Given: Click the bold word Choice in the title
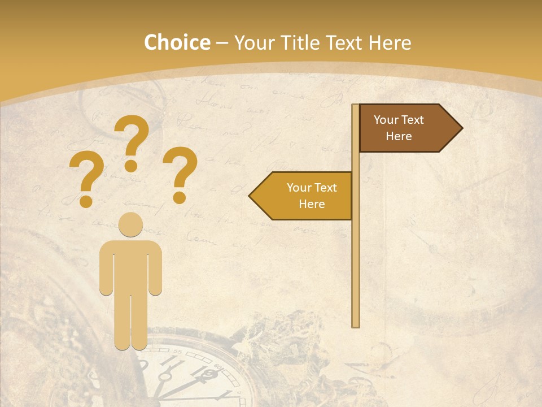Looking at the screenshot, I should (177, 42).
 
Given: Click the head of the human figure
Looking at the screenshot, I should (131, 224).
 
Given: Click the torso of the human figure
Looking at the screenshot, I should (131, 266).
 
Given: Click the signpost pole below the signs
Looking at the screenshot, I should (356, 271).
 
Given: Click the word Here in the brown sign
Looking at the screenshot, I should (399, 136).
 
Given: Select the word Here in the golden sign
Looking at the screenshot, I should (312, 204).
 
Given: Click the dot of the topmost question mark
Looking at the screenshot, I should (131, 166).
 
